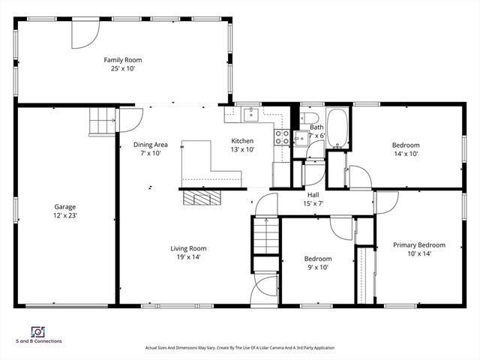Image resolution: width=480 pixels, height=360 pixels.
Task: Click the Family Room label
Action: click(122, 60)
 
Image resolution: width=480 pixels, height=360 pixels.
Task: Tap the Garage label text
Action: click(64, 206)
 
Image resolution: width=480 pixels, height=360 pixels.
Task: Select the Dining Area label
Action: click(150, 145)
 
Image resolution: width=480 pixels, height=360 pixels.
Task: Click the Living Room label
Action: click(187, 248)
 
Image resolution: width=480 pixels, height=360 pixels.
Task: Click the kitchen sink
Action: click(250, 115)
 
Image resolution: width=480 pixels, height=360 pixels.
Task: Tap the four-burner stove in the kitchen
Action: click(283, 136)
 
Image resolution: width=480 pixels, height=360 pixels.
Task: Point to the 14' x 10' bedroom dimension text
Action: click(405, 154)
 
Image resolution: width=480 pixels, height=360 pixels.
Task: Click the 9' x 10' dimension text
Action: click(318, 267)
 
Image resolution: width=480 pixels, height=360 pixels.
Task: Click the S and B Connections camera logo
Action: click(36, 331)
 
